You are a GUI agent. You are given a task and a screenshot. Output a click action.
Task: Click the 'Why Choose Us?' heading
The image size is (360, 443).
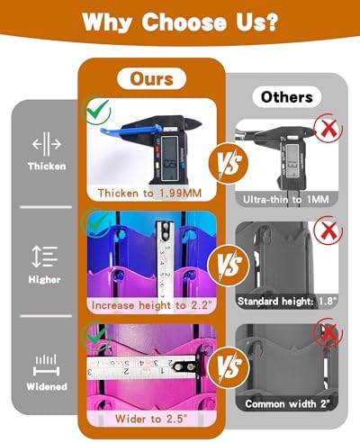[x=180, y=22]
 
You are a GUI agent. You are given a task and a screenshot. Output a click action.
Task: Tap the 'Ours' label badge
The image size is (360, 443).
[x=151, y=78]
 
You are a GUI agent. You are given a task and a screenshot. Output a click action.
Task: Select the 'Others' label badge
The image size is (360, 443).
[x=287, y=97]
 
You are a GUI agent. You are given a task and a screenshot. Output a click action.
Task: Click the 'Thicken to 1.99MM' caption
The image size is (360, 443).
[x=149, y=193]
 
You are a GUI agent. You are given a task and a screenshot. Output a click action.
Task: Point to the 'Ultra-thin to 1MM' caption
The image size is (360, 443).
[x=286, y=199]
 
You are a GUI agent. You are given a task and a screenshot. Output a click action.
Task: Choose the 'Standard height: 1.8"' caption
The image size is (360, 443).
[x=287, y=301]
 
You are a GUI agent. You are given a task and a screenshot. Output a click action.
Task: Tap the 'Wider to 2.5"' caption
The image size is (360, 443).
[x=151, y=419]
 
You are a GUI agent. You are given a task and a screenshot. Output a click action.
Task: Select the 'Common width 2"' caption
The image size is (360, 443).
[x=287, y=403]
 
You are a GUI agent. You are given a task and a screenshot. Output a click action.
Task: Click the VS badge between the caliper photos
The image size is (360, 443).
[x=229, y=162]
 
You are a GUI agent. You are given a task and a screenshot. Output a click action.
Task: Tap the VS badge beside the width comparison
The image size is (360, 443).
[x=229, y=367]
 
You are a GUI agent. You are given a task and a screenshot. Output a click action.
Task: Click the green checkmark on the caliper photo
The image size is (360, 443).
[x=97, y=110]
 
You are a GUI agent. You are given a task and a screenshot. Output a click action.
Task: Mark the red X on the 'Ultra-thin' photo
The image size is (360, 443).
[x=328, y=128]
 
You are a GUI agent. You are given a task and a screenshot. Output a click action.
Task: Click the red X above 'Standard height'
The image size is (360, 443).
[x=328, y=231]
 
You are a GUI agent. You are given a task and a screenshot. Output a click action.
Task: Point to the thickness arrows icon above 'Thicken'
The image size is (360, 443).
[x=47, y=144]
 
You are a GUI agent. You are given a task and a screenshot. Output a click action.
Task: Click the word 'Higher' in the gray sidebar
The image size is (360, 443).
[x=44, y=280]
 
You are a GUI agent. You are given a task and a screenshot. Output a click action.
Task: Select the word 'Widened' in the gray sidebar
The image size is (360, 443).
[x=47, y=386]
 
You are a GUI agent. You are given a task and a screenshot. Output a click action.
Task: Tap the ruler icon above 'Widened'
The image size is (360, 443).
[x=46, y=366]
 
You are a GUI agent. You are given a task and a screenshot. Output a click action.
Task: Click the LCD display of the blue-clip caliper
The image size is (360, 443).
[x=168, y=155]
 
